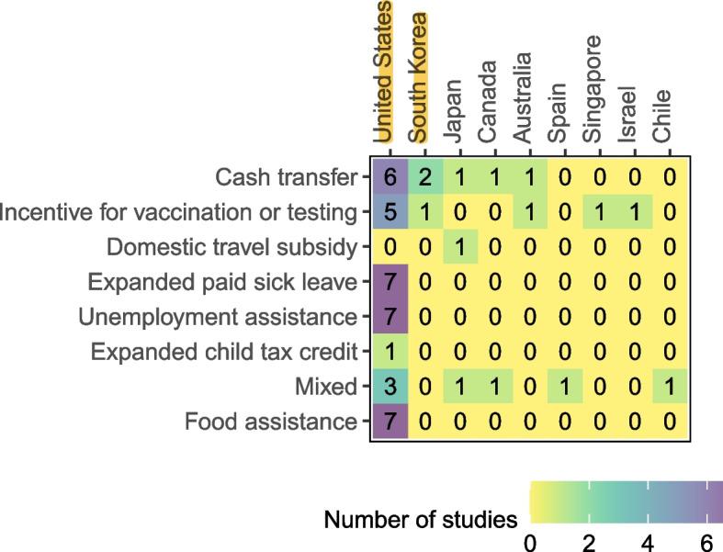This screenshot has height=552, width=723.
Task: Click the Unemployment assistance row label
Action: point(217,317)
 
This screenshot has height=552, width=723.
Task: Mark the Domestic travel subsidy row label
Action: point(232,247)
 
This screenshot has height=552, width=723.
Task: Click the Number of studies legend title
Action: point(420,521)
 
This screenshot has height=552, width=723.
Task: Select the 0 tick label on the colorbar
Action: point(530,543)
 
